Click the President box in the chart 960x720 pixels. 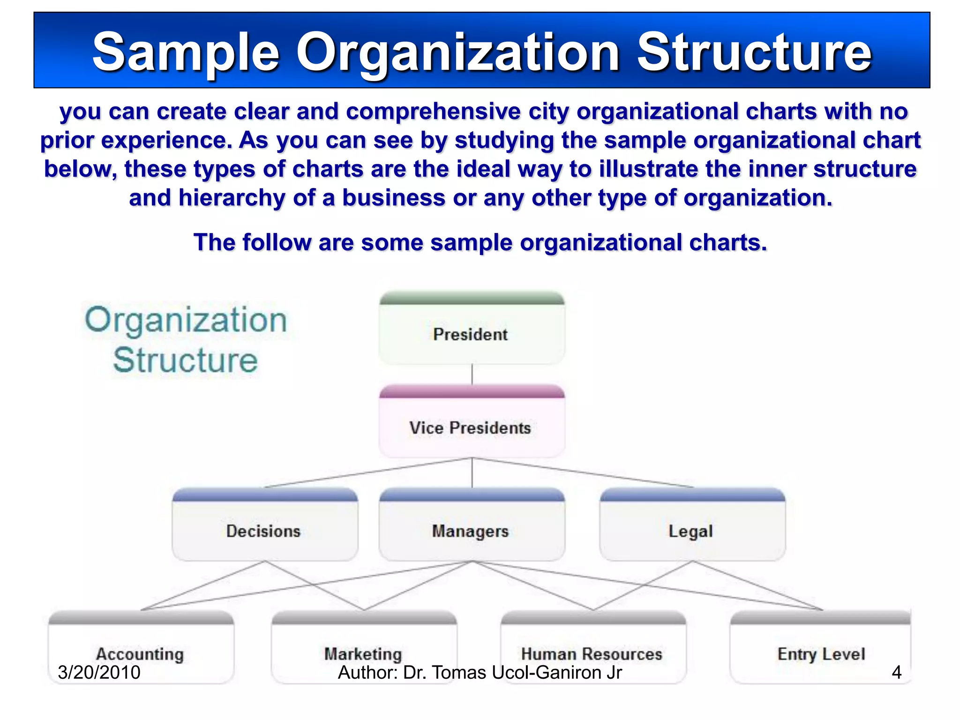472,334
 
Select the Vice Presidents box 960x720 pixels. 472,427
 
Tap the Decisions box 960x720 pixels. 264,531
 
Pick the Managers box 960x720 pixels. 472,531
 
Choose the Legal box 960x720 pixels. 692,531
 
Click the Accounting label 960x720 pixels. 140,653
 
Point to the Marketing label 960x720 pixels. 363,653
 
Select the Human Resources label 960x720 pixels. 592,653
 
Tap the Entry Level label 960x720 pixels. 821,653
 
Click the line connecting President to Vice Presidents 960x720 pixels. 472,374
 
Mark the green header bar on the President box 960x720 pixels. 472,298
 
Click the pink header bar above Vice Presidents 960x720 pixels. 472,391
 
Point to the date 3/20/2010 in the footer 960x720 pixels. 99,672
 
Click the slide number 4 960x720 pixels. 896,672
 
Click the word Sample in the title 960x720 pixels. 186,52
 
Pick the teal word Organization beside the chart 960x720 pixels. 186,320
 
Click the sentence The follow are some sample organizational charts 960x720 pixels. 480,242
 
